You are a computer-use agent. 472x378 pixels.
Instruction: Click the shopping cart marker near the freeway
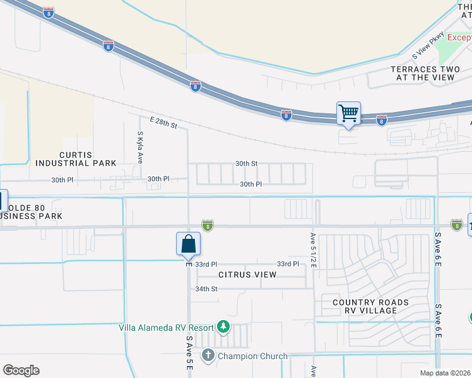(x=348, y=114)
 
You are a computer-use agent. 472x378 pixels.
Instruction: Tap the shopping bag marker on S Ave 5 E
(x=188, y=244)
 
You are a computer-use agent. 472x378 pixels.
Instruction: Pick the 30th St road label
(x=246, y=163)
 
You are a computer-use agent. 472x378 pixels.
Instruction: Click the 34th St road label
(x=206, y=289)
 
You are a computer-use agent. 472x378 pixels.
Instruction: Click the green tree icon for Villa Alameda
(x=223, y=326)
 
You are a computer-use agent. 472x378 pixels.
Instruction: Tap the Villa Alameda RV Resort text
(x=166, y=327)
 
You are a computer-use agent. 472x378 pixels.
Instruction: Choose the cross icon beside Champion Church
(x=208, y=356)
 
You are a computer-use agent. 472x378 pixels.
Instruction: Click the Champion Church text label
(x=252, y=357)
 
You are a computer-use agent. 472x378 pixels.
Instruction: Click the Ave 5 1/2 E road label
(x=312, y=251)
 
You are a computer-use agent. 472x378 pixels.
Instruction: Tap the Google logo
(x=21, y=370)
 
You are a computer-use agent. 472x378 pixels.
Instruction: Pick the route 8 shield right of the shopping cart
(x=381, y=120)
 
